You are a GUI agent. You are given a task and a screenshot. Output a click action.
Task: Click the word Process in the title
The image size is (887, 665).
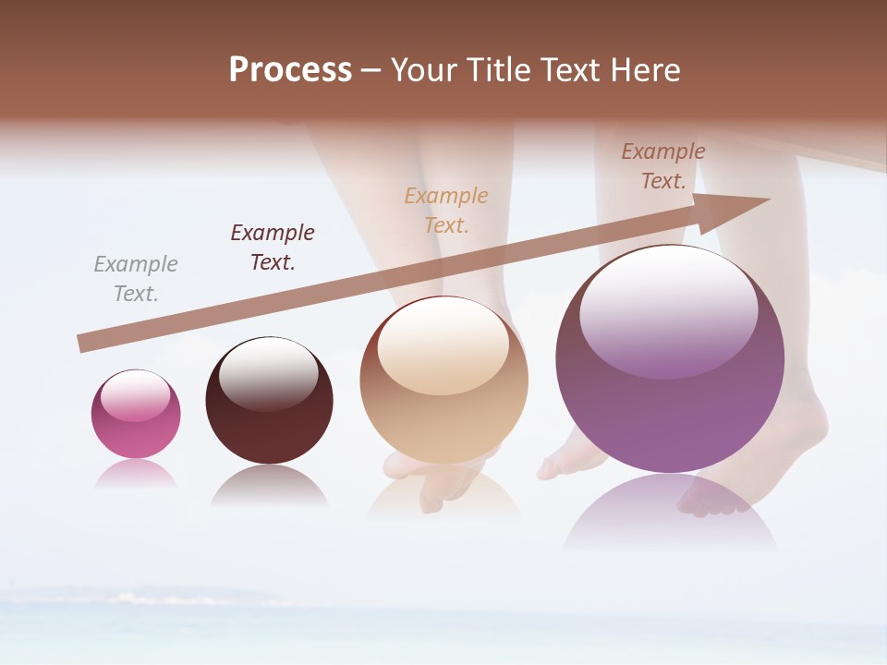(x=290, y=70)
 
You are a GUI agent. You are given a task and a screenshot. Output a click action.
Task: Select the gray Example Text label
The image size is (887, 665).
(x=135, y=279)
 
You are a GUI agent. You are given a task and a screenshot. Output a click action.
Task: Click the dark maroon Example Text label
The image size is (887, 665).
(x=273, y=248)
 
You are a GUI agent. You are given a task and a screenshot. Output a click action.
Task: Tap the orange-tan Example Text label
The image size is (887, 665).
(x=446, y=211)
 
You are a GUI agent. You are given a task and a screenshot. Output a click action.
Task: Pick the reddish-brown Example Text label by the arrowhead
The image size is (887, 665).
(x=663, y=166)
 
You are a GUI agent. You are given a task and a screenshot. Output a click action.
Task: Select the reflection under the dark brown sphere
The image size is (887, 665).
(x=269, y=485)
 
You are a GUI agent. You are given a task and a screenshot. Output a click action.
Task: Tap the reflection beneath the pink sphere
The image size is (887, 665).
(x=136, y=473)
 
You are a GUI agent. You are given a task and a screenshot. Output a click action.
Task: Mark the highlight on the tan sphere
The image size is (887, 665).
(x=443, y=344)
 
